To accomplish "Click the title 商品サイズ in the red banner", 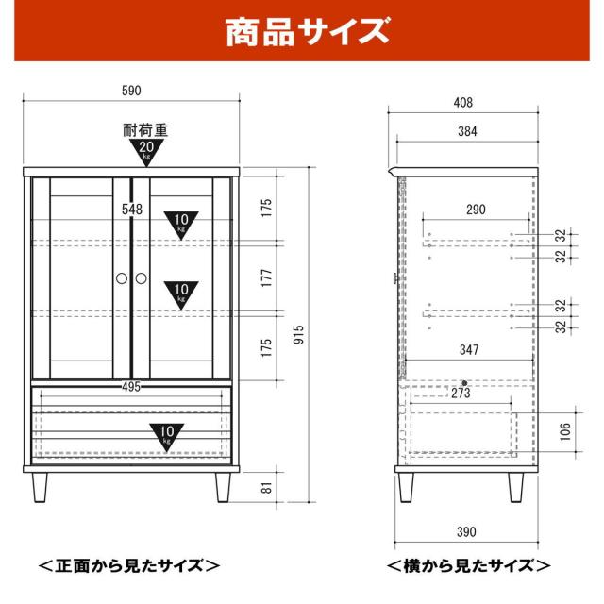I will [307, 33].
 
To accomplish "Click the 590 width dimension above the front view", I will [131, 91].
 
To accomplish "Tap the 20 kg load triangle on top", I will [146, 151].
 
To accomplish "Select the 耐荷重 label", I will [145, 130].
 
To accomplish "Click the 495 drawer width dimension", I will [131, 385].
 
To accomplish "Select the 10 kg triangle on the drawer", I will [167, 436].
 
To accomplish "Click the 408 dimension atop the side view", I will [462, 102].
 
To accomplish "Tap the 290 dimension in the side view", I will [477, 210].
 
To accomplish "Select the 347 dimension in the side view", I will [470, 349].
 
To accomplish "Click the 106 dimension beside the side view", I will [565, 431].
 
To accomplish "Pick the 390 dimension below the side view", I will [462, 532].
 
